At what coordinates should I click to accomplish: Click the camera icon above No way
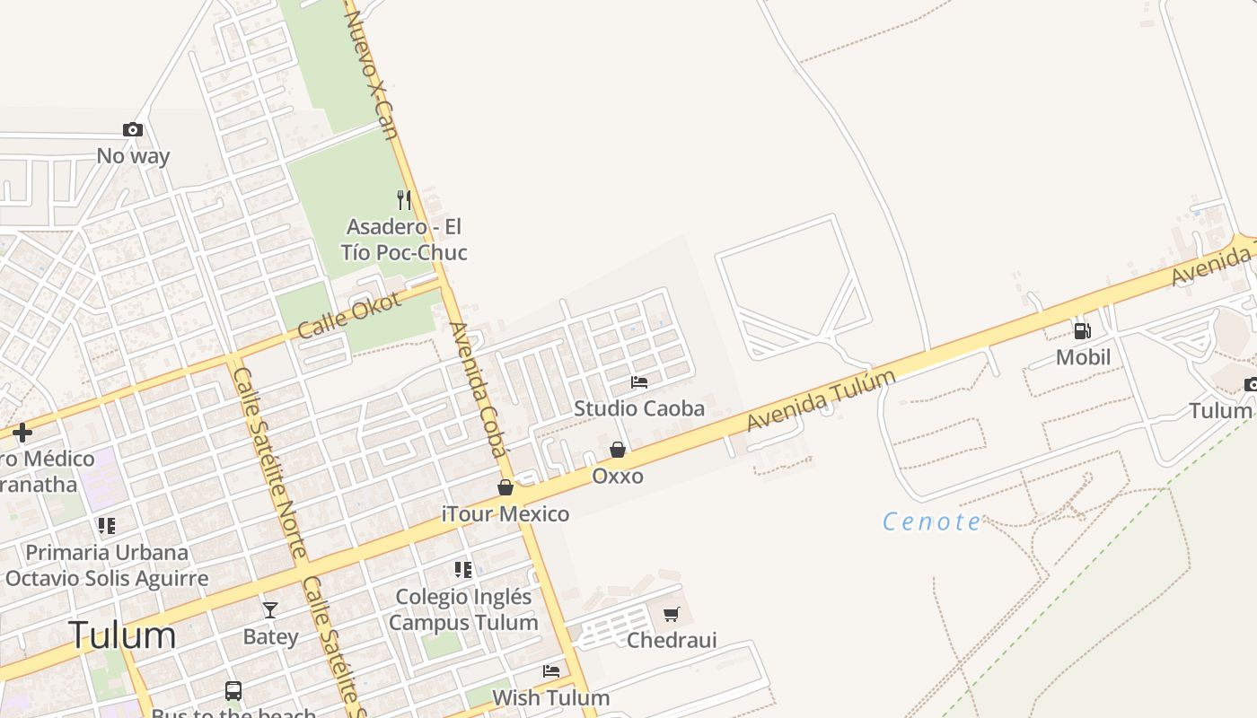(133, 130)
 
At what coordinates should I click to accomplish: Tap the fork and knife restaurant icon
(404, 199)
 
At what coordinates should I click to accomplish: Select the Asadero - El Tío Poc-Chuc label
(404, 240)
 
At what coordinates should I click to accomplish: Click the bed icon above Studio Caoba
(639, 382)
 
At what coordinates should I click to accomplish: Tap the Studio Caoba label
(639, 408)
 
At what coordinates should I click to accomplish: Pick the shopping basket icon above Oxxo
(618, 450)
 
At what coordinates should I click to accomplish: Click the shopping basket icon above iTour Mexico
(505, 487)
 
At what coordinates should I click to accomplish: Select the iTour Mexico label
(505, 514)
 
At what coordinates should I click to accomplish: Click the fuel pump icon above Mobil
(1083, 331)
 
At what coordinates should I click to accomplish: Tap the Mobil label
(1083, 357)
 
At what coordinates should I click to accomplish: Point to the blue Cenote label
(932, 521)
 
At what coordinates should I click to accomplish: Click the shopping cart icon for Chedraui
(671, 615)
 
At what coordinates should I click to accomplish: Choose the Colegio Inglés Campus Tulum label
(463, 609)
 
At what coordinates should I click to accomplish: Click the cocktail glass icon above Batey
(270, 610)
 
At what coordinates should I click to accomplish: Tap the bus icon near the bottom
(233, 691)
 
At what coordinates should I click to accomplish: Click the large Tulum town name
(123, 635)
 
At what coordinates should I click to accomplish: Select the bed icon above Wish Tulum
(551, 671)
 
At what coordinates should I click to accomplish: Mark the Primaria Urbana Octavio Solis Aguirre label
(107, 565)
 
